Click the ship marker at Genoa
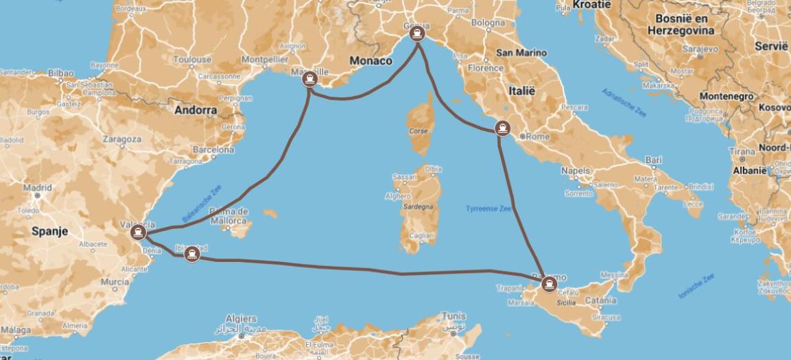pyautogui.click(x=418, y=33)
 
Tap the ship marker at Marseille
pyautogui.click(x=310, y=79)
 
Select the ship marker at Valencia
pyautogui.click(x=139, y=232)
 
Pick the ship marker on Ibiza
pyautogui.click(x=193, y=253)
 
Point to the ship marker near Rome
pyautogui.click(x=503, y=128)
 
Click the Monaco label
pyautogui.click(x=370, y=61)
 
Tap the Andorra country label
pyautogui.click(x=196, y=110)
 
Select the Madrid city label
pyautogui.click(x=37, y=187)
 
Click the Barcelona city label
pyautogui.click(x=213, y=149)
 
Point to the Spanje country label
pyautogui.click(x=49, y=232)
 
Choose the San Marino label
pyautogui.click(x=521, y=53)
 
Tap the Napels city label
pyautogui.click(x=575, y=170)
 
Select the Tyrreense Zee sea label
pyautogui.click(x=488, y=208)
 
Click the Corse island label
pyautogui.click(x=418, y=131)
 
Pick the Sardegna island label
pyautogui.click(x=417, y=206)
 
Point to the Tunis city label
pyautogui.click(x=454, y=316)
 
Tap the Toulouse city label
pyautogui.click(x=192, y=60)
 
